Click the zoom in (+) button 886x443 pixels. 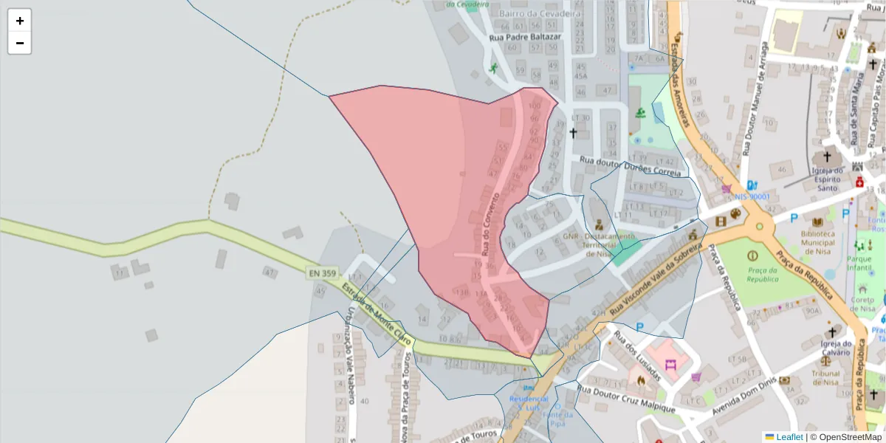click(20, 21)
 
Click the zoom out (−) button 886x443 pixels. click(20, 43)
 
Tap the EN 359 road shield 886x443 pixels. click(322, 273)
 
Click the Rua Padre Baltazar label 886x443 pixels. click(525, 36)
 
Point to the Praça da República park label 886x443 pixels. click(762, 275)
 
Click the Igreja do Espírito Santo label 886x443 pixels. click(828, 179)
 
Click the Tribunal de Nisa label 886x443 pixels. click(825, 378)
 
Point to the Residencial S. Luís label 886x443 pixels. click(529, 403)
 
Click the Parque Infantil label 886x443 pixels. click(859, 264)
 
